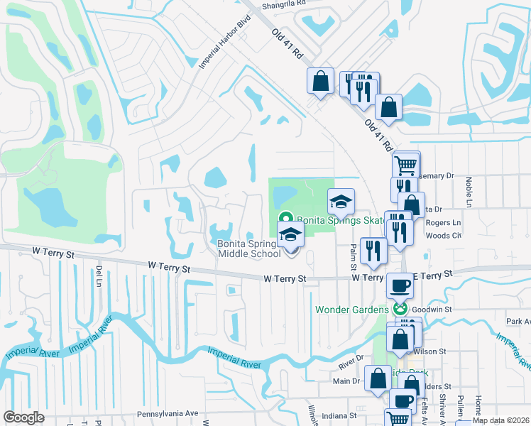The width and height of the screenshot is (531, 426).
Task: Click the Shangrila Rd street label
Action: pyautogui.click(x=283, y=4)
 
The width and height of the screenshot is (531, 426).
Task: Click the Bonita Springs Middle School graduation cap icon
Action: pyautogui.click(x=290, y=235)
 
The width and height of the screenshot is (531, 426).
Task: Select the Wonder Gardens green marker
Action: pyautogui.click(x=400, y=309)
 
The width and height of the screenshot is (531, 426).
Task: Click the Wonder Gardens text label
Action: pyautogui.click(x=352, y=310)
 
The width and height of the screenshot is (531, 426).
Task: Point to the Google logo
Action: pyautogui.click(x=23, y=417)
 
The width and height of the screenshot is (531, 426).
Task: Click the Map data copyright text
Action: pyautogui.click(x=501, y=421)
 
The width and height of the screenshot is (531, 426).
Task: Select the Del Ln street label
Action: pyautogui.click(x=99, y=273)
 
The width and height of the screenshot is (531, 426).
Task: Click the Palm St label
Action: pyautogui.click(x=352, y=249)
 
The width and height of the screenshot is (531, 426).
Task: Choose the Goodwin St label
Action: pyautogui.click(x=432, y=310)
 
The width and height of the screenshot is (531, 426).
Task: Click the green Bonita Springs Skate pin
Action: pyautogui.click(x=285, y=219)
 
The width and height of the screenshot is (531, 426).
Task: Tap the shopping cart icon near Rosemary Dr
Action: pyautogui.click(x=405, y=165)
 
